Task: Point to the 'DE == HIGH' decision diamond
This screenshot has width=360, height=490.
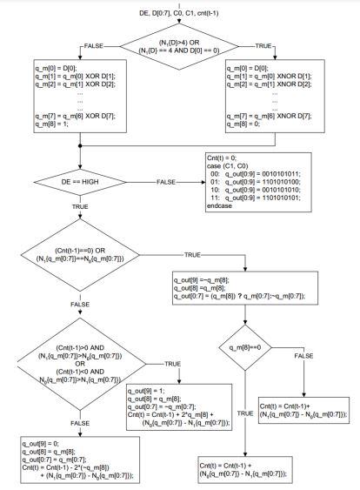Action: pos(79,181)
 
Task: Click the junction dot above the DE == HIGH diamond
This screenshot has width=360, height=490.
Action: pos(79,146)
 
